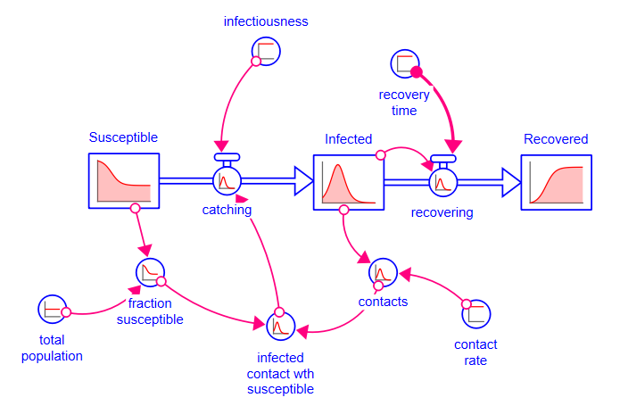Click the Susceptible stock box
tap(124, 181)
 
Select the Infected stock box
tap(348, 182)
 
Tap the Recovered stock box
tap(557, 182)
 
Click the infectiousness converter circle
tap(266, 51)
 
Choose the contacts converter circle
tap(383, 272)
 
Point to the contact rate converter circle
tap(476, 312)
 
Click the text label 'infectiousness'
tap(265, 21)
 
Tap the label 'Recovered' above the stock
tap(556, 138)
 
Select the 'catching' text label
tap(227, 210)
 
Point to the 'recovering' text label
tap(442, 212)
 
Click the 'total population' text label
tap(53, 348)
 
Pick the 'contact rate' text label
tap(475, 352)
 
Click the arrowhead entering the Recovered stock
tap(512, 182)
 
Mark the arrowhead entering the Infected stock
tap(303, 182)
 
